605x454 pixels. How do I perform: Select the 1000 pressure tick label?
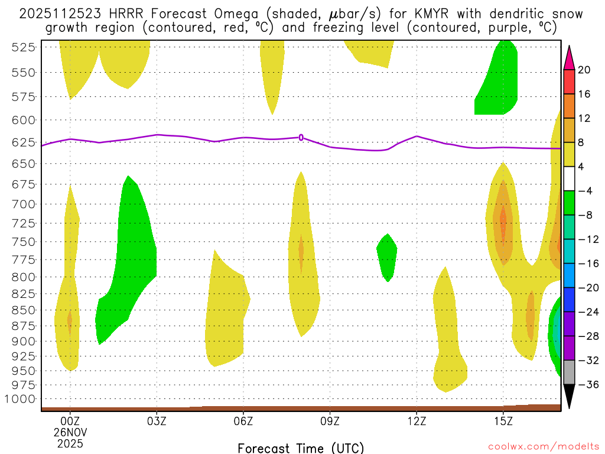[24, 398]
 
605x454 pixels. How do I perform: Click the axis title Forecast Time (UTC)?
[301, 447]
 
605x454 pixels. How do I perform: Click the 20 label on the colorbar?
[584, 70]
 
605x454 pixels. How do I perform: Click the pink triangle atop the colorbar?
[570, 57]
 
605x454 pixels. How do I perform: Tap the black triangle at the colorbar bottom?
[570, 396]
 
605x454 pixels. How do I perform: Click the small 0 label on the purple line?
[301, 137]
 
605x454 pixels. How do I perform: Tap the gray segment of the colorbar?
[570, 372]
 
